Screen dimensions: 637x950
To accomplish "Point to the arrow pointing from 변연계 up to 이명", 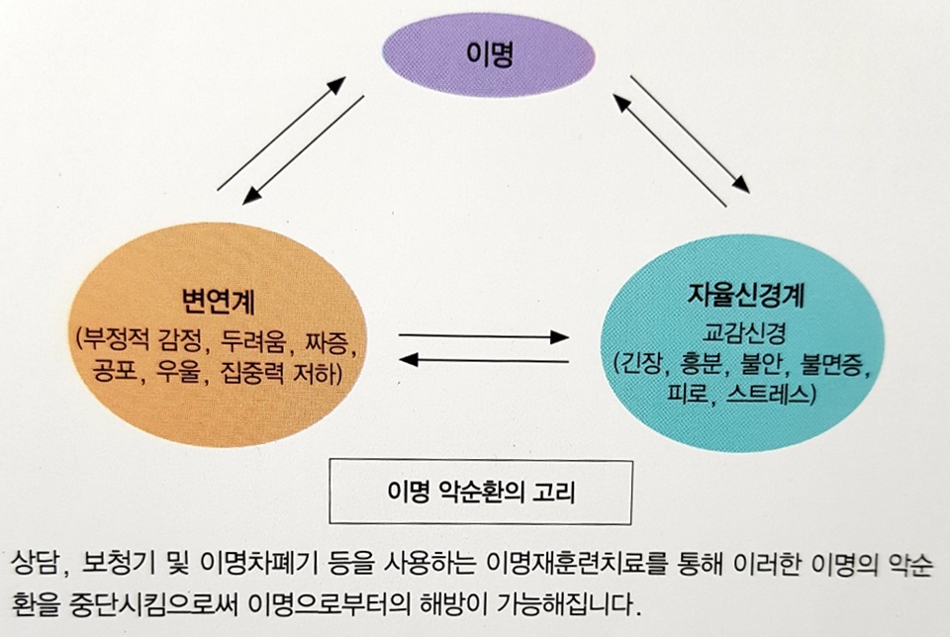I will (x=281, y=133).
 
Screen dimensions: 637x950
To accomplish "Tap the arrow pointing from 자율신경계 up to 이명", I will (x=669, y=149).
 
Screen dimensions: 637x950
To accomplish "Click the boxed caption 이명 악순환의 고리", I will (x=480, y=491).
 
